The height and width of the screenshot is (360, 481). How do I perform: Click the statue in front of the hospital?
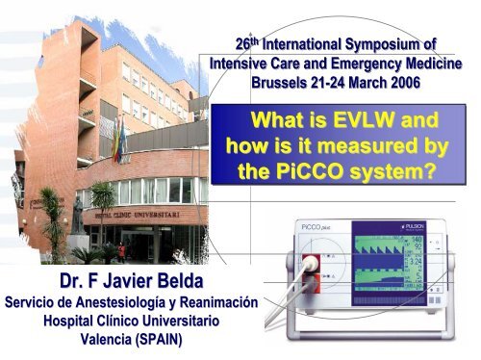(x=76, y=218)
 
